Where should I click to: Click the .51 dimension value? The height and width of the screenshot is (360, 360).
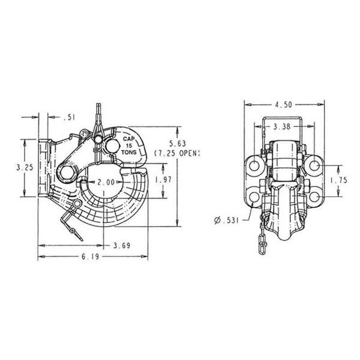pyautogui.click(x=69, y=118)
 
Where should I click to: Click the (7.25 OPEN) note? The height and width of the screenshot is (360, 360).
pyautogui.click(x=176, y=153)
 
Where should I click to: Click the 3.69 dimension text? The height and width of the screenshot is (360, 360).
pyautogui.click(x=120, y=245)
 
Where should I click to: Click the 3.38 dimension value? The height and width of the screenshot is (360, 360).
pyautogui.click(x=282, y=128)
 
